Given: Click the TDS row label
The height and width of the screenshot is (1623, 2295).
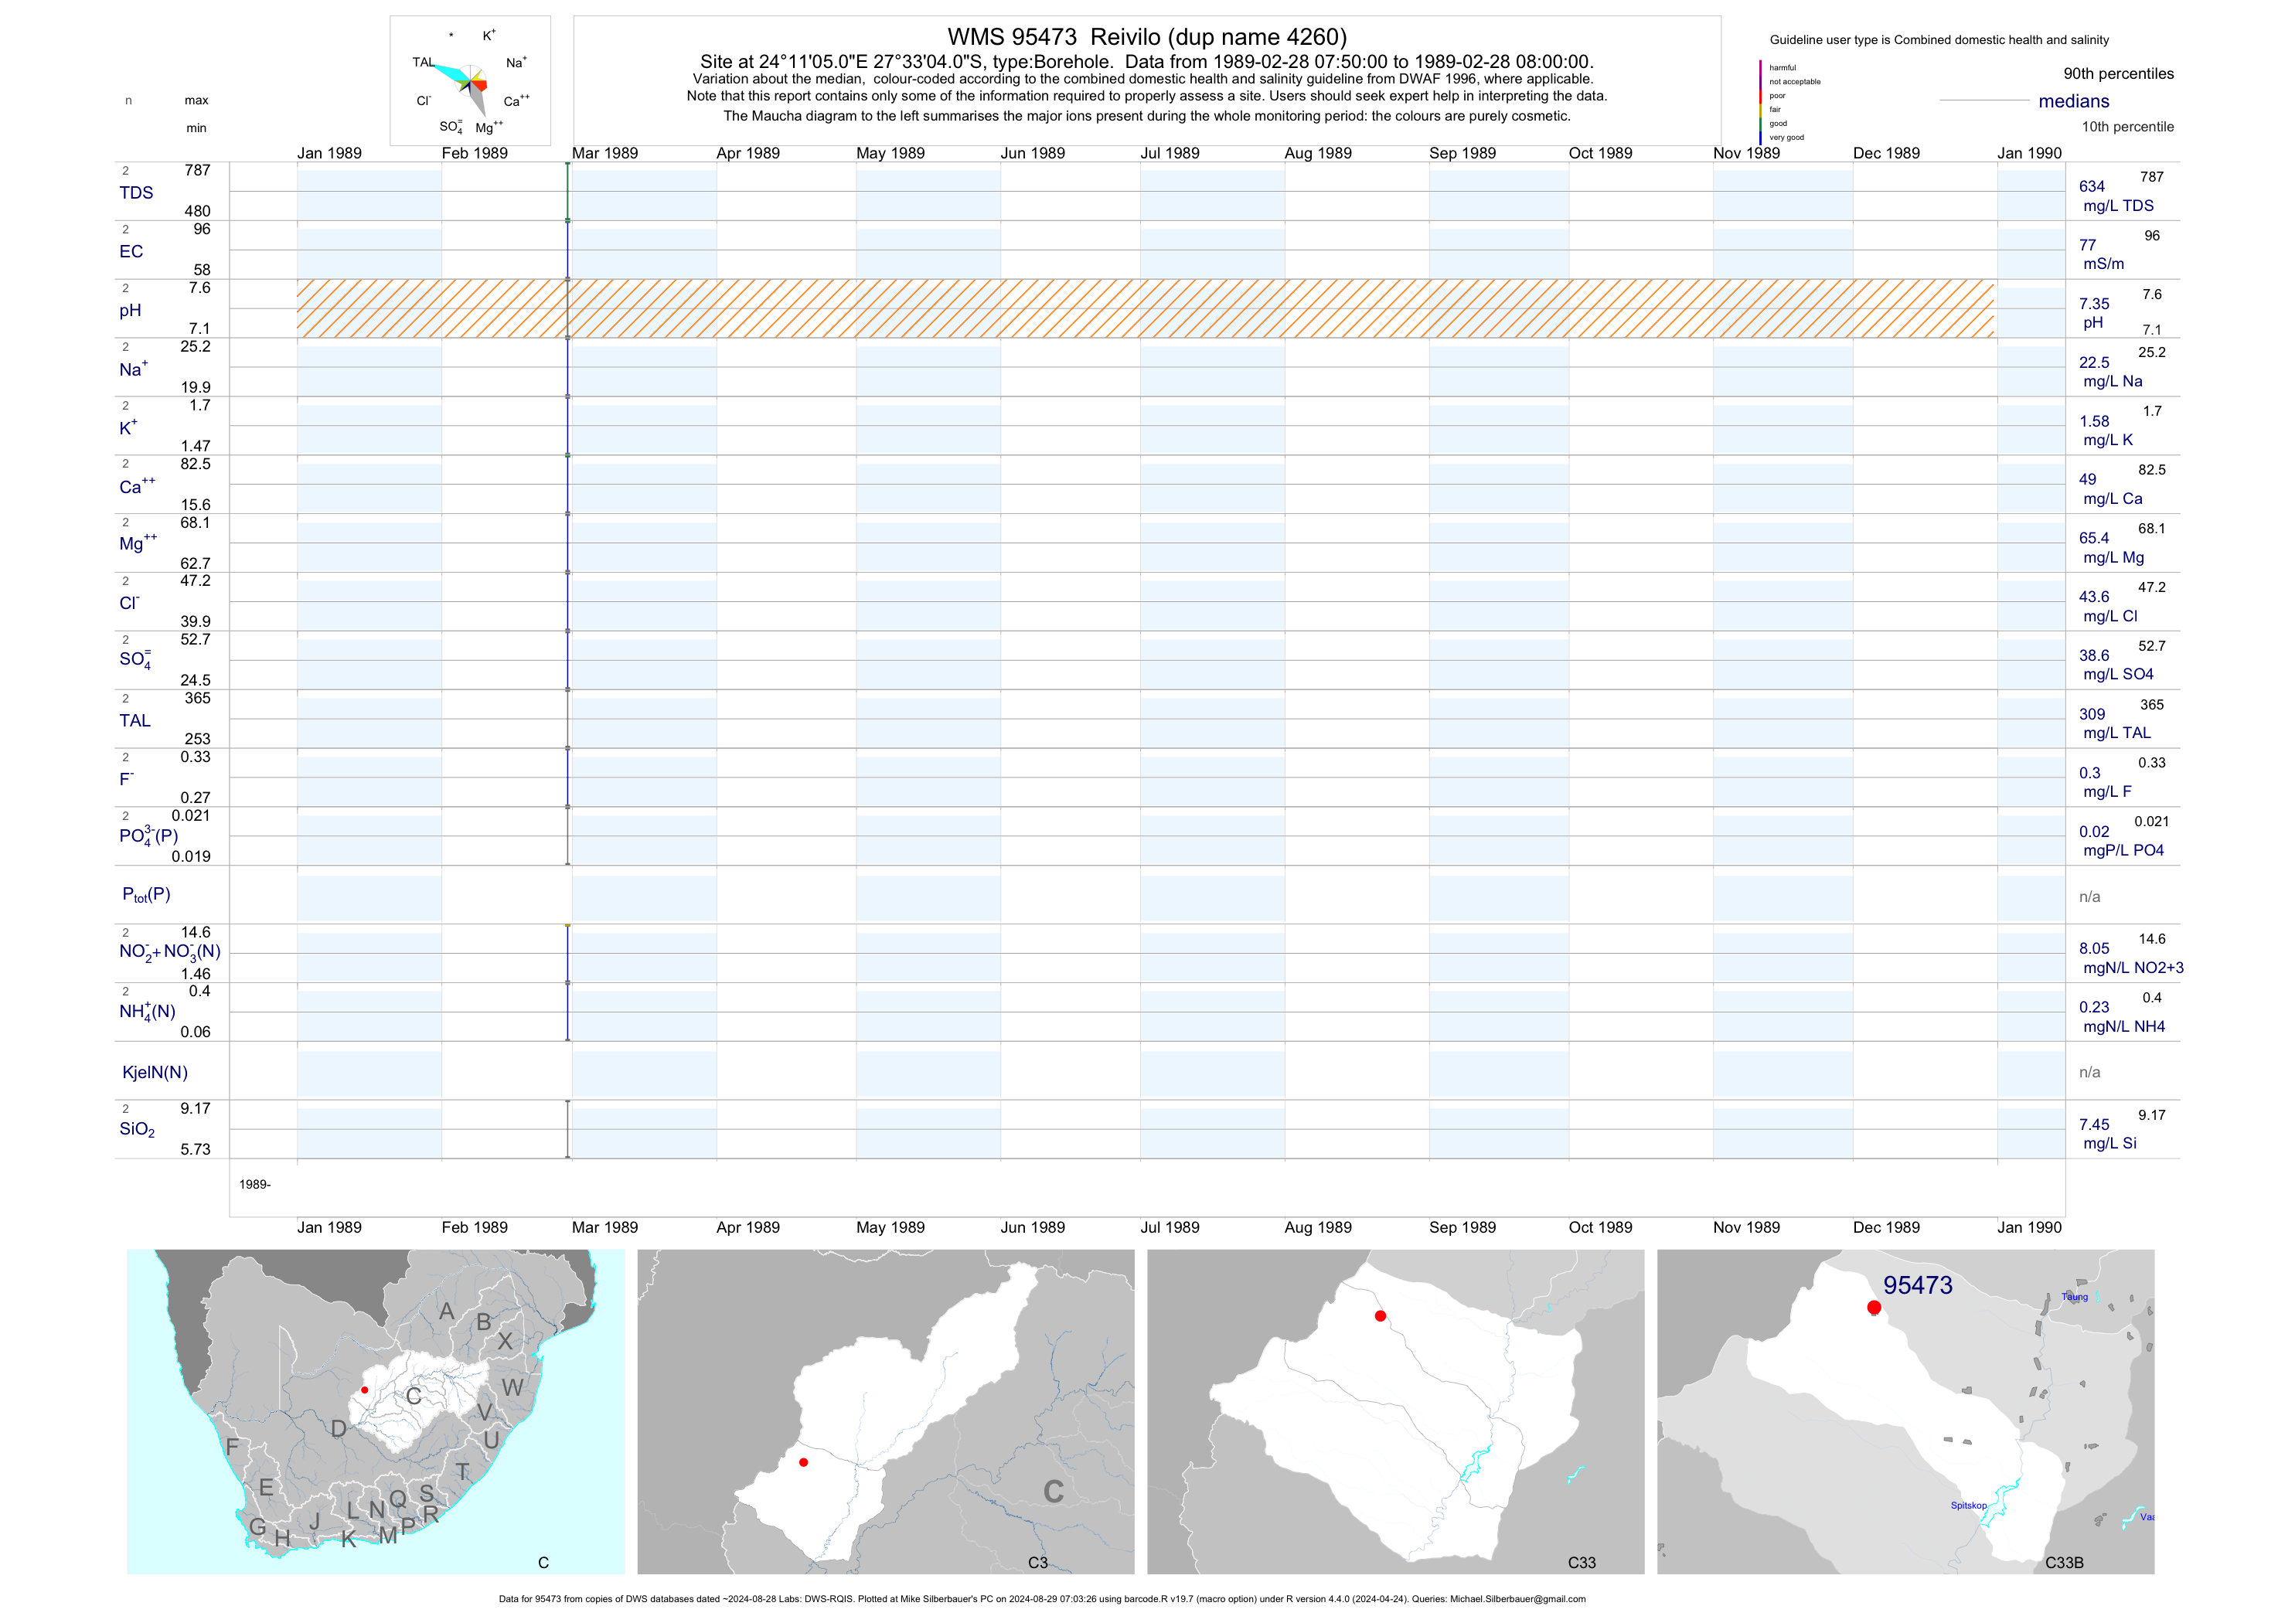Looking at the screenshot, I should pyautogui.click(x=136, y=193).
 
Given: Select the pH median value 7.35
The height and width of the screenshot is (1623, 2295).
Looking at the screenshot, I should pyautogui.click(x=2093, y=304).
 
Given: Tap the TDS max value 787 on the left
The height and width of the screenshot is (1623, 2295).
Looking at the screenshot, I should pyautogui.click(x=197, y=171).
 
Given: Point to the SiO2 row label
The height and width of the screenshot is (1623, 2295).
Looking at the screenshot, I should pyautogui.click(x=137, y=1129).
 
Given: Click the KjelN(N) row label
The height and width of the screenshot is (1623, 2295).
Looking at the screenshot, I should pyautogui.click(x=154, y=1073).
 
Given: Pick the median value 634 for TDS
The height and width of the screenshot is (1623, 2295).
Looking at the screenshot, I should pyautogui.click(x=2091, y=187).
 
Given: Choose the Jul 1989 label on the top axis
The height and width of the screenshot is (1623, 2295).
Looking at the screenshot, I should pyautogui.click(x=1170, y=153).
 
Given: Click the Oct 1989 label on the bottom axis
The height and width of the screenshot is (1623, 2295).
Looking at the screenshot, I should pyautogui.click(x=1599, y=1227).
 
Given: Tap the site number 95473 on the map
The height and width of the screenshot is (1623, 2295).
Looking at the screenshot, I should pyautogui.click(x=1917, y=1285).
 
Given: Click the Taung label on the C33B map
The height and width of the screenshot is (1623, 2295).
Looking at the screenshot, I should pyautogui.click(x=2074, y=1297).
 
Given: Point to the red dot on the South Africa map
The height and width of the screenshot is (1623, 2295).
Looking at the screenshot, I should pyautogui.click(x=365, y=1390).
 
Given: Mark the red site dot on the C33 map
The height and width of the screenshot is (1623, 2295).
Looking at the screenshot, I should pyautogui.click(x=1381, y=1316).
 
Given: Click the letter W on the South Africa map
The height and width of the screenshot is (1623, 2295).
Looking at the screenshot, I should pyautogui.click(x=512, y=1388).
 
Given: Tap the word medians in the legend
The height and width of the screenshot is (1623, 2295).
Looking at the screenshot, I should pyautogui.click(x=2073, y=101).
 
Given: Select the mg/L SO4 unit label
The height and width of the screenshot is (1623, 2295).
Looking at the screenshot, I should pyautogui.click(x=2117, y=675).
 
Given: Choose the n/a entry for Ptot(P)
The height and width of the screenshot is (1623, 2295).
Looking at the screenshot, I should pyautogui.click(x=2089, y=897).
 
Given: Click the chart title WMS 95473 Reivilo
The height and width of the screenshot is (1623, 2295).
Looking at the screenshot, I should pyautogui.click(x=1146, y=37).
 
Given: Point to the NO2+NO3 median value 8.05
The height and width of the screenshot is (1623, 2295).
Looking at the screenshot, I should pyautogui.click(x=2093, y=948).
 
